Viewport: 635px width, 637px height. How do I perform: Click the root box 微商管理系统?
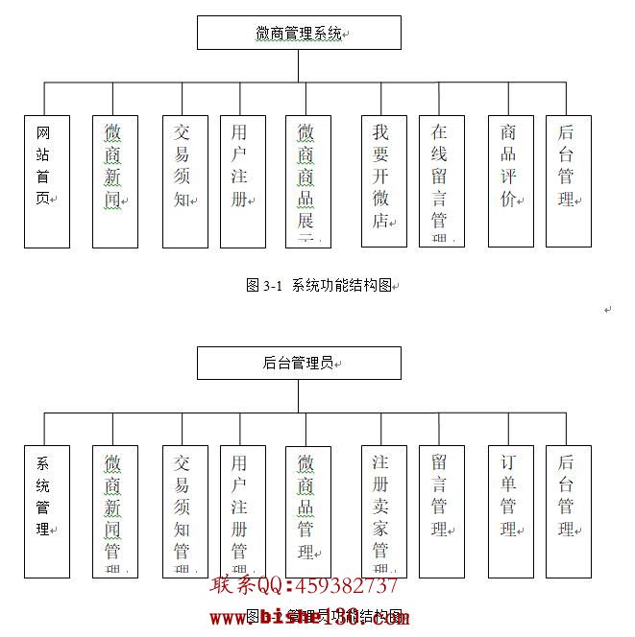click(299, 33)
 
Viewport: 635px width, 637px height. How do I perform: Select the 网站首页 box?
click(47, 181)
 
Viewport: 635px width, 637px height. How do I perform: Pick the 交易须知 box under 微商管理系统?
click(184, 181)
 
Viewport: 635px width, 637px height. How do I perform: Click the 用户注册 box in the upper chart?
click(242, 181)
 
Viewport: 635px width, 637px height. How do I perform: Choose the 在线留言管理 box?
click(442, 181)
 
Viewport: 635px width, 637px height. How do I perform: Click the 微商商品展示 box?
click(308, 181)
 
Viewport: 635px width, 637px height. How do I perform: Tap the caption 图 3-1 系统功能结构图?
click(321, 285)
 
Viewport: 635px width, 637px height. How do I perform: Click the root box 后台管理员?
click(299, 363)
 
